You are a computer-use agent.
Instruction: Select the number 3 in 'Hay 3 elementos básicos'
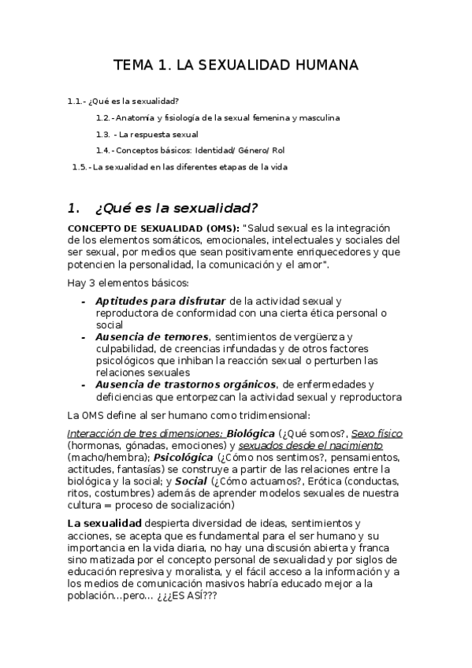coord(91,283)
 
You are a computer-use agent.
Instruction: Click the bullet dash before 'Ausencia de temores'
coord(84,336)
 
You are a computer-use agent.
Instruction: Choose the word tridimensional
coord(274,414)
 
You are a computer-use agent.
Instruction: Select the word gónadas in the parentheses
coord(147,444)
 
